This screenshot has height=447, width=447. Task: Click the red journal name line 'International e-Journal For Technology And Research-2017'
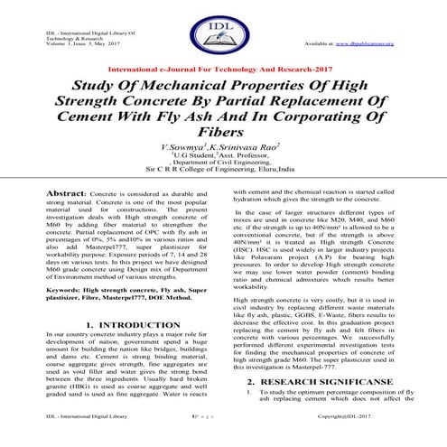point(223,69)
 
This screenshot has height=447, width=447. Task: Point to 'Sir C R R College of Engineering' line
point(223,168)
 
